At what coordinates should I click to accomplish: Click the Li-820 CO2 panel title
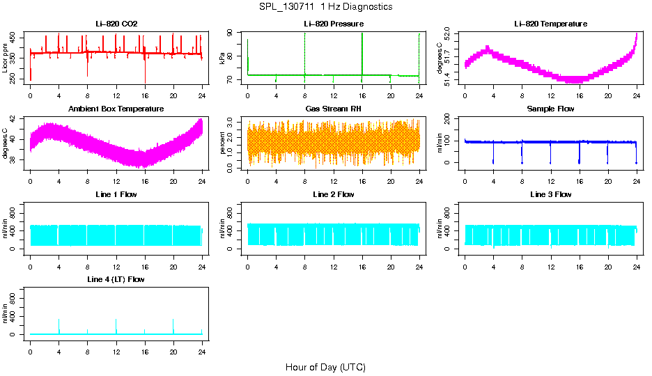tap(116, 24)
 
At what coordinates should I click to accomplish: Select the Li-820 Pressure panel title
tap(334, 24)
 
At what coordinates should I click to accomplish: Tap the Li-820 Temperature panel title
tap(550, 24)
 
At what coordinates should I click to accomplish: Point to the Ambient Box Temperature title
tap(116, 109)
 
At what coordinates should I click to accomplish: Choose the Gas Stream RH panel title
tap(334, 109)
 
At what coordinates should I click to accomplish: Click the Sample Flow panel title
tap(550, 109)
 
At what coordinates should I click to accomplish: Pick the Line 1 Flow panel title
tap(116, 194)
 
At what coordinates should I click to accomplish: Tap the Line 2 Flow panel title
tap(334, 194)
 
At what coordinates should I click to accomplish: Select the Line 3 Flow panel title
tap(550, 194)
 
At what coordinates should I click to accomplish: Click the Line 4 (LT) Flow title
tap(116, 279)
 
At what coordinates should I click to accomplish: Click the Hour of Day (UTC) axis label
tap(325, 367)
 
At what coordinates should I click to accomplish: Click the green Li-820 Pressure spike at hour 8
tap(304, 52)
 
